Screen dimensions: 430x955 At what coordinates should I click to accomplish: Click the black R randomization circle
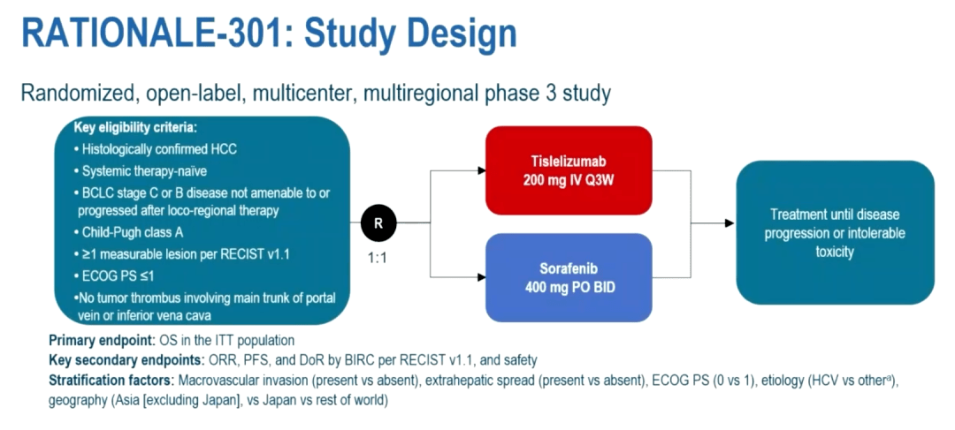(378, 223)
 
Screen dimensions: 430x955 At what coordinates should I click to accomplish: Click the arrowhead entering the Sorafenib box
(479, 276)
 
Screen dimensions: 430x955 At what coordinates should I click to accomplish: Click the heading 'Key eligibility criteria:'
(135, 127)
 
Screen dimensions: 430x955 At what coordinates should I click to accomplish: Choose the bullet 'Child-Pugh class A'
(133, 232)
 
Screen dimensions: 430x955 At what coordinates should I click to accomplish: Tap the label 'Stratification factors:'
(111, 381)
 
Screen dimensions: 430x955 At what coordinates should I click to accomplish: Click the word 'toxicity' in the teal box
(836, 252)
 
